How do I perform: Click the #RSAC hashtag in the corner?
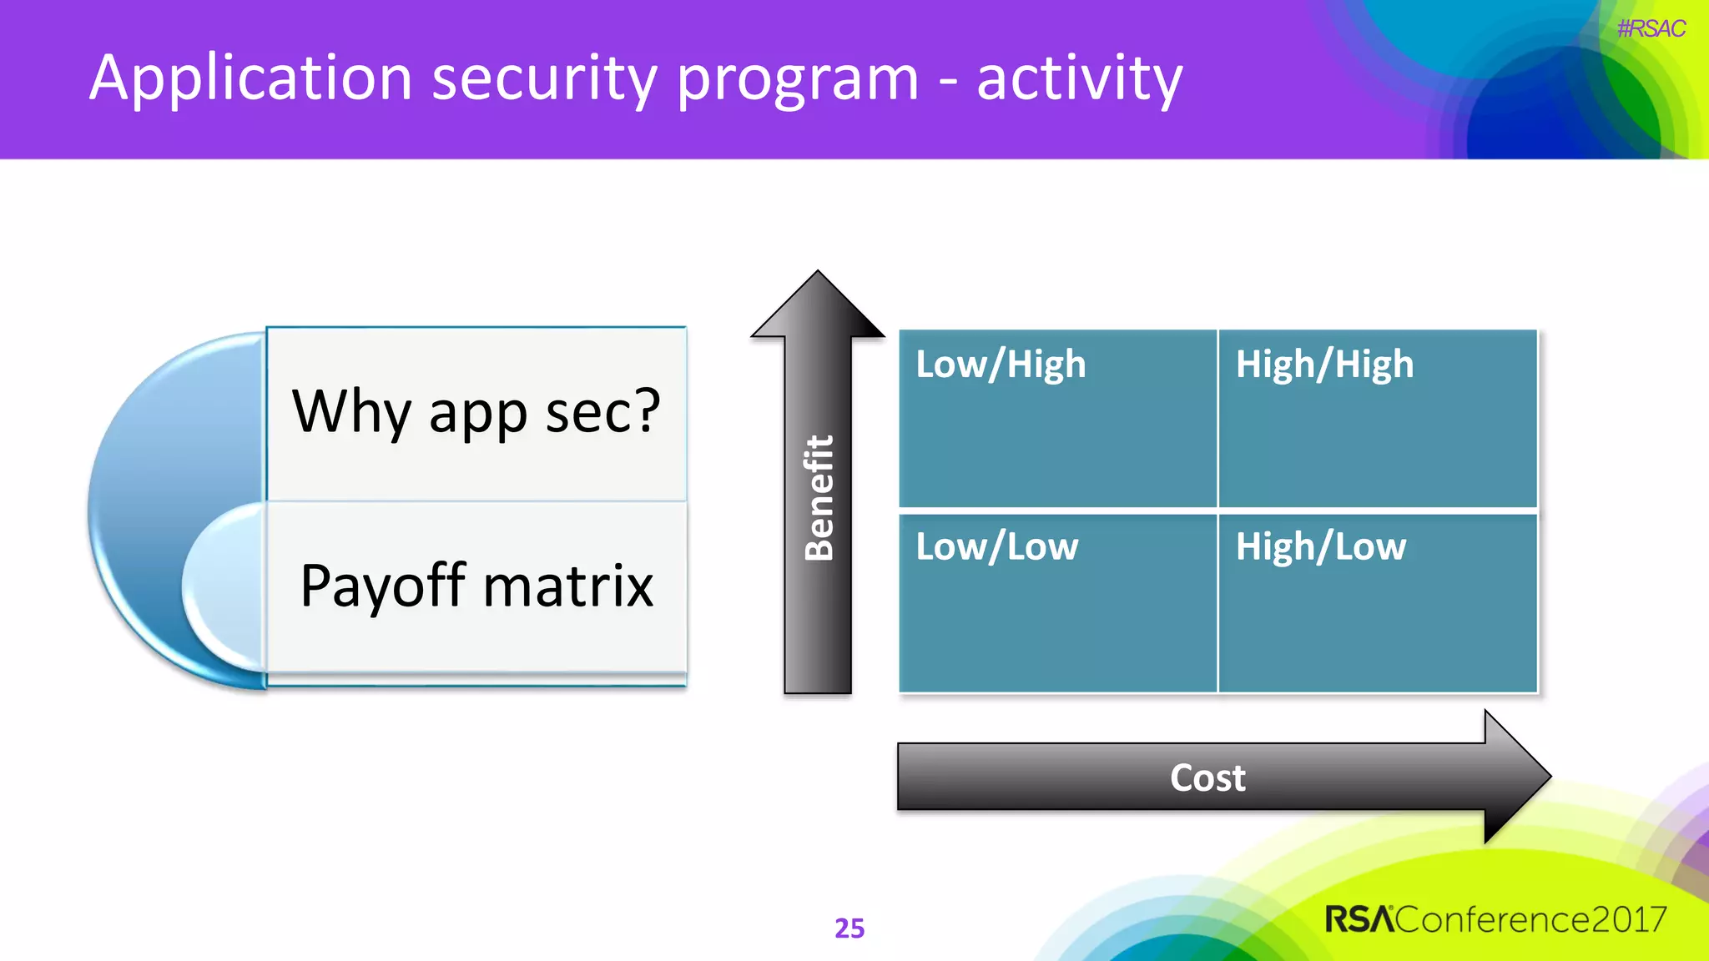pyautogui.click(x=1651, y=29)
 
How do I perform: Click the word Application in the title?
pyautogui.click(x=250, y=79)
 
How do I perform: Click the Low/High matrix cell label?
pyautogui.click(x=1001, y=365)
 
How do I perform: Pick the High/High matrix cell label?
pyautogui.click(x=1324, y=365)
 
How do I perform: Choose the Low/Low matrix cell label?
pyautogui.click(x=996, y=547)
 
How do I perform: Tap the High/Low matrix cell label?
pyautogui.click(x=1320, y=547)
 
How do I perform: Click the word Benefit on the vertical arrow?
pyautogui.click(x=819, y=497)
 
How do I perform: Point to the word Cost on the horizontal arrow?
pyautogui.click(x=1207, y=777)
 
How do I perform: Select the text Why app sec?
pyautogui.click(x=476, y=411)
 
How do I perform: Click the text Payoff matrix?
pyautogui.click(x=476, y=586)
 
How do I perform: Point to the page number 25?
pyautogui.click(x=849, y=928)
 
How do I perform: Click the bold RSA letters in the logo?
pyautogui.click(x=1359, y=919)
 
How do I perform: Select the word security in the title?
pyautogui.click(x=544, y=79)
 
